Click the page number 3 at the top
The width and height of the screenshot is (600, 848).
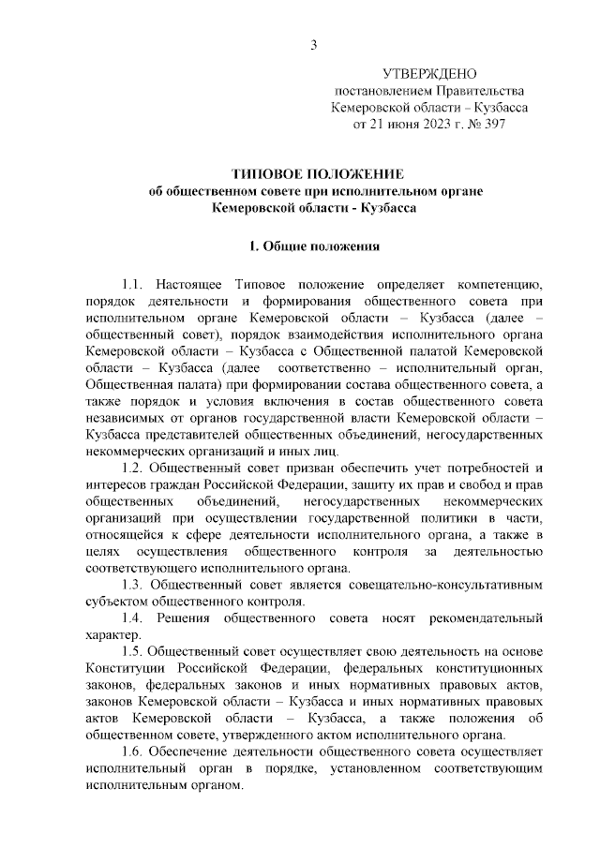pyautogui.click(x=315, y=45)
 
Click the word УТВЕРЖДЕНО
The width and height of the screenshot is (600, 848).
pyautogui.click(x=430, y=74)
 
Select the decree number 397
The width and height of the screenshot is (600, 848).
pyautogui.click(x=492, y=125)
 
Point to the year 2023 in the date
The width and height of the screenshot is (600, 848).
pyautogui.click(x=424, y=125)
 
